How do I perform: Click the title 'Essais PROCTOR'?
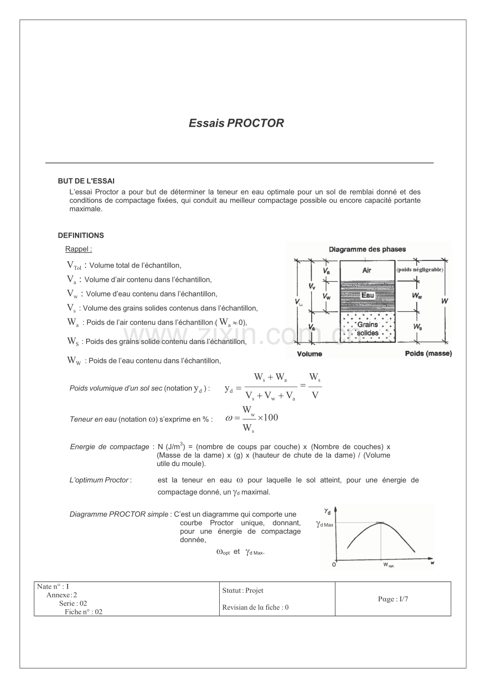coord(236,123)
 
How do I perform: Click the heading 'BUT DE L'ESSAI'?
coord(86,181)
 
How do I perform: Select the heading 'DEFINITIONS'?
coord(81,236)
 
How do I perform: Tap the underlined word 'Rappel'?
coord(78,249)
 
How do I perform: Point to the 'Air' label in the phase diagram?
coord(367,271)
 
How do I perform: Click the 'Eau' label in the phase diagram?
coord(368,295)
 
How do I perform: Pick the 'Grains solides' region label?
coord(368,329)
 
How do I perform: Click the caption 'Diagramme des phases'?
coord(367,249)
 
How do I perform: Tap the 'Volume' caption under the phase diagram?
coord(310,354)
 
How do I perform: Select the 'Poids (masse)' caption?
coord(428,354)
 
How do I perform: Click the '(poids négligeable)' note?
coord(420,269)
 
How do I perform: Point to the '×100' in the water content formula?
coord(267,418)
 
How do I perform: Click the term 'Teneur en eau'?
coord(93,420)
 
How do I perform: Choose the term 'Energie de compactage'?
coord(109,447)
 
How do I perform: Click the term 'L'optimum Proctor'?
coord(99,480)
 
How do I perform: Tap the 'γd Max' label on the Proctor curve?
coord(325,525)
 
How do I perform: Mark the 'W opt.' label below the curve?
coord(389,565)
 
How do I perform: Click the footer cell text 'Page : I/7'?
coord(393,599)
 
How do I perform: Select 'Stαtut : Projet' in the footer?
coord(243,591)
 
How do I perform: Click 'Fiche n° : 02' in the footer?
coord(83,612)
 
